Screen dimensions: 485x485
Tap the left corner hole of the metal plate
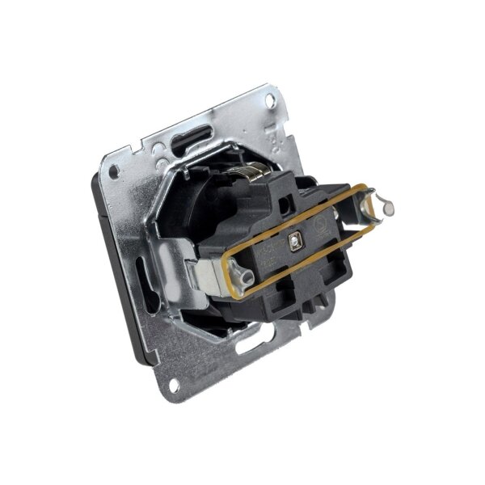click(x=113, y=171)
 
